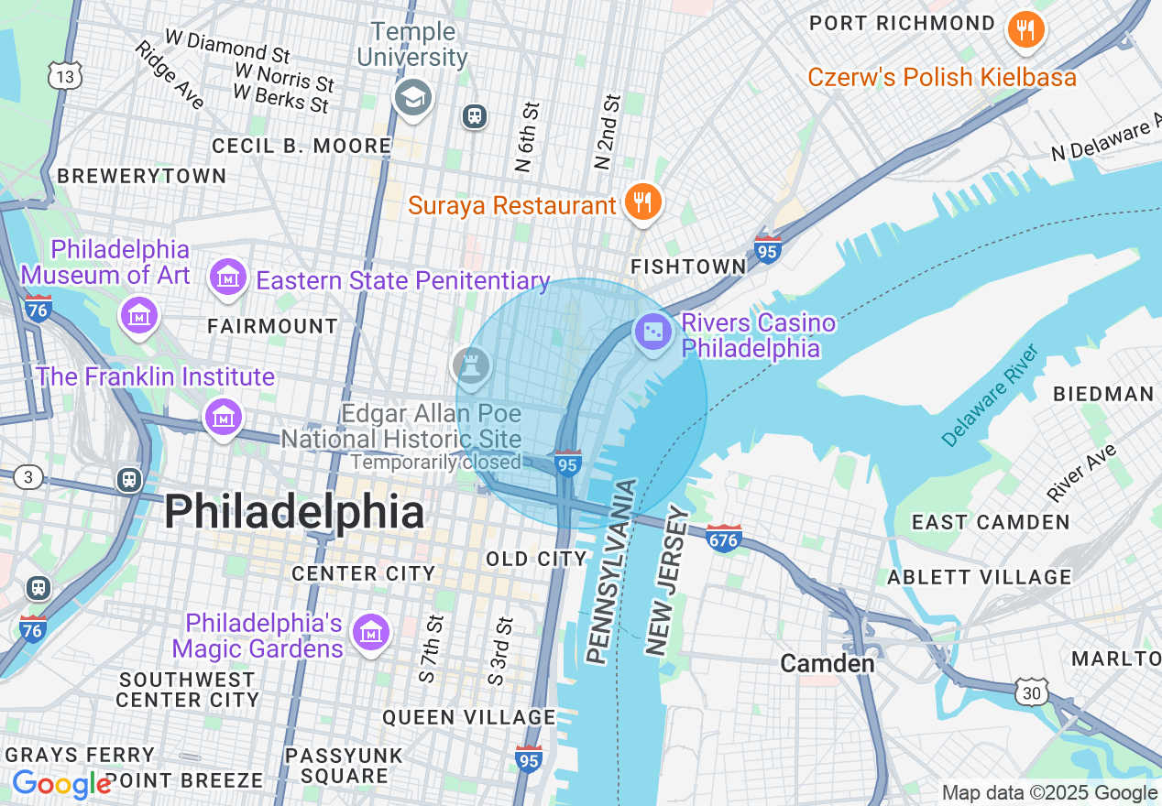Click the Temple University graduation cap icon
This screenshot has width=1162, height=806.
point(412,98)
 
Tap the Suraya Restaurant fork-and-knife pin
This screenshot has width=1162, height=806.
point(642,201)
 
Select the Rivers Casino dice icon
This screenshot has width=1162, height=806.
point(652,332)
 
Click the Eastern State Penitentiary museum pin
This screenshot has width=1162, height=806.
point(228,277)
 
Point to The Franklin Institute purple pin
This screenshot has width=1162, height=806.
point(223,418)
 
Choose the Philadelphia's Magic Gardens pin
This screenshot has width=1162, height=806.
point(371,633)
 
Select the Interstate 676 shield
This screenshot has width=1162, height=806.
point(723,538)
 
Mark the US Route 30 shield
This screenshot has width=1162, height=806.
point(1032,693)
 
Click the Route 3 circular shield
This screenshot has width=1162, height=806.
point(29,477)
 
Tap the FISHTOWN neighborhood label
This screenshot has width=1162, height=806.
point(688,267)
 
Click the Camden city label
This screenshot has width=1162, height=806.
point(827,663)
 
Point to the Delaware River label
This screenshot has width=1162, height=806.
point(992,396)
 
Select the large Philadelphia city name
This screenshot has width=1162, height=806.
point(294,512)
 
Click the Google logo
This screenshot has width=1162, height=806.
point(61,785)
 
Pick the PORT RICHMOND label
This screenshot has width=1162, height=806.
point(902,24)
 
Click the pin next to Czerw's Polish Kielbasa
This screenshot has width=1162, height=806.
point(1026,30)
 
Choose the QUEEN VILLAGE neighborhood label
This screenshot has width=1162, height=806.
point(469,717)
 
